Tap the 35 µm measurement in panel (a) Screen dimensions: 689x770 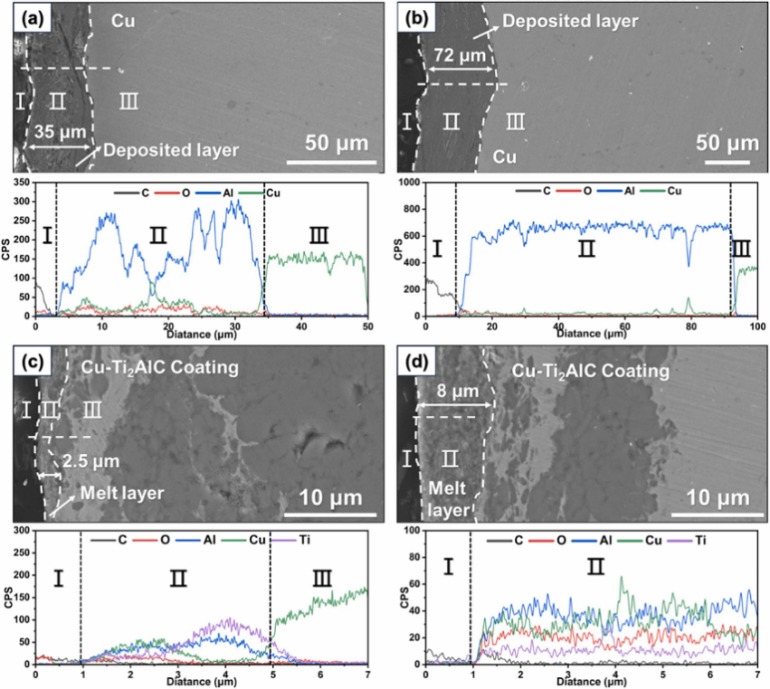[x=57, y=132]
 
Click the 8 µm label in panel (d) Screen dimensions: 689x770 [x=444, y=391]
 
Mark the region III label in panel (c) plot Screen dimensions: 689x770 [x=322, y=577]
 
